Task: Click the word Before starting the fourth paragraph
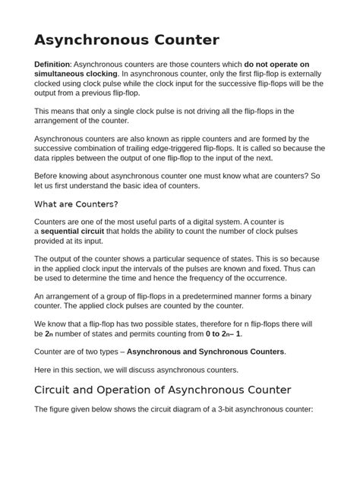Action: (x=50, y=175)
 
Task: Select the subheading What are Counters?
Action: (x=77, y=204)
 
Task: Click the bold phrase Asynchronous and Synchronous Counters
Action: (x=205, y=352)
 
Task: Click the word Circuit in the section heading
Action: (x=58, y=390)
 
